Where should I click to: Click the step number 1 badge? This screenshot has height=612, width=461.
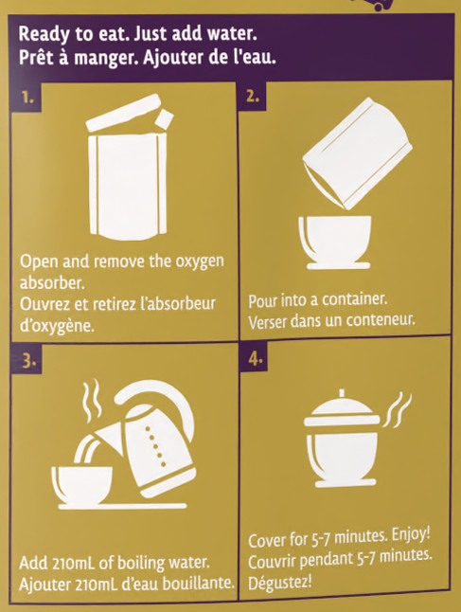[x=27, y=98]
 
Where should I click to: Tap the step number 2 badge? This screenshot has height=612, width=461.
[x=253, y=96]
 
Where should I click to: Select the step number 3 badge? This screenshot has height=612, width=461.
[x=27, y=360]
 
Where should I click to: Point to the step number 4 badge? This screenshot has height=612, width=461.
[x=255, y=358]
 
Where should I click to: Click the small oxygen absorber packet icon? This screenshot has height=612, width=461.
[x=164, y=118]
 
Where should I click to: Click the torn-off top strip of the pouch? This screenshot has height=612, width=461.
[x=123, y=113]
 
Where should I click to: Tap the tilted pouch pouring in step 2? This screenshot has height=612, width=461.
[x=357, y=153]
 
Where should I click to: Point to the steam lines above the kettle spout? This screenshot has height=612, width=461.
[x=92, y=401]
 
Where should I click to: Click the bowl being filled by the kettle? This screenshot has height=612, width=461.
[x=82, y=485]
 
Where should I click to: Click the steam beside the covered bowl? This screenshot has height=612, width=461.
[x=397, y=410]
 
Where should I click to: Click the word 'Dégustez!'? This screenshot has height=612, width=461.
[x=280, y=583]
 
